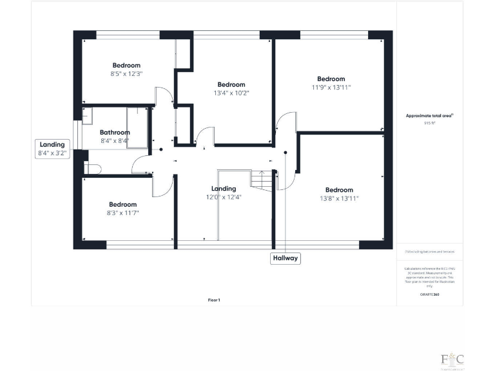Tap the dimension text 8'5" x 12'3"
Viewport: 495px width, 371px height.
[x=126, y=74]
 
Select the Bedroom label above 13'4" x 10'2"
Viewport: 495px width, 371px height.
[x=231, y=84]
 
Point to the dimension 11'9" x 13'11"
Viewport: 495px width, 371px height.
[x=331, y=88]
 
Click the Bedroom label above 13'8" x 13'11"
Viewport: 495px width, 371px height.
[x=339, y=189]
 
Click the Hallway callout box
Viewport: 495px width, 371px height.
[x=285, y=258]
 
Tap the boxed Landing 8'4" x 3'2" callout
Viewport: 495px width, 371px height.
[x=53, y=149]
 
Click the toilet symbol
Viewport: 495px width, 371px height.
[x=92, y=169]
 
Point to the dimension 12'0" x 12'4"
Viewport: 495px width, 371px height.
[x=224, y=196]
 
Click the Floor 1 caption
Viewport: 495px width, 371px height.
[x=214, y=300]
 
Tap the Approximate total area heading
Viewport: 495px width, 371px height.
[x=429, y=116]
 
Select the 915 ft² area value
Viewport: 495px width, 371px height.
[x=429, y=122]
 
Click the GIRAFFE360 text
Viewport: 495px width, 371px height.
[x=429, y=294]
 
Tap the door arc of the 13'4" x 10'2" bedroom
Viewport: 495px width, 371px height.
[x=205, y=135]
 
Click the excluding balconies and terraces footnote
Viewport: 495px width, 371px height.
[x=429, y=252]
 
